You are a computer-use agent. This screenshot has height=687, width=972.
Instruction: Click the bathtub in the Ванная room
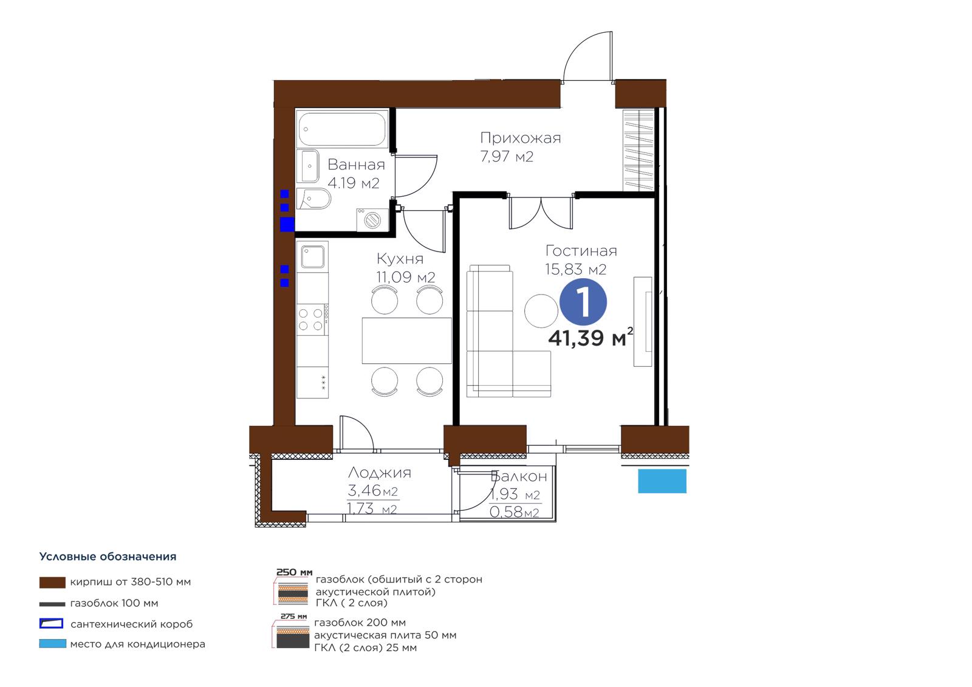coord(342,129)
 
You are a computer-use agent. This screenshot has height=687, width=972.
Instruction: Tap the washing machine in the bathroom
coord(372,220)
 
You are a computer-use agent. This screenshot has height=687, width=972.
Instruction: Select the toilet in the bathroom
coord(313,199)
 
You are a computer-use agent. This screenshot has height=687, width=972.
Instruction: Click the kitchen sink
coord(312,256)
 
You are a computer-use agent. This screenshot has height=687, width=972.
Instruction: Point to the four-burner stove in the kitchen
coord(312,320)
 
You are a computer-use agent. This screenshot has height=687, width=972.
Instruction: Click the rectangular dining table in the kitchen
coord(406,341)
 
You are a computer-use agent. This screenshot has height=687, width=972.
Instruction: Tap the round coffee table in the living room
coord(541,311)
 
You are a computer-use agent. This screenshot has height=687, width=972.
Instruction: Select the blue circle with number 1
coord(583,302)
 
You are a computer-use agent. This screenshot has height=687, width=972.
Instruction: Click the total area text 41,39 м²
coord(590,338)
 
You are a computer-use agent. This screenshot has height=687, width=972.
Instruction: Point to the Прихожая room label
coord(520,138)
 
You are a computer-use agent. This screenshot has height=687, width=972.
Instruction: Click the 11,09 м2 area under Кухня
coord(405,277)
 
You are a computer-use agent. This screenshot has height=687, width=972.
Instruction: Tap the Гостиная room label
coord(581,250)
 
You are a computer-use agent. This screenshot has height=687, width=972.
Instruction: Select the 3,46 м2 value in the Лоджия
coord(373,490)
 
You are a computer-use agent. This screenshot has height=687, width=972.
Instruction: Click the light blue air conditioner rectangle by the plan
coord(662,481)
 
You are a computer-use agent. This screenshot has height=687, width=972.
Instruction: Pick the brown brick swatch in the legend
coord(52,583)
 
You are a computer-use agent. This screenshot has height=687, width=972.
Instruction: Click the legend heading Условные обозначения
coord(108,557)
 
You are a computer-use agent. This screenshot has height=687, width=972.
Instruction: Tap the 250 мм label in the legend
coord(294,572)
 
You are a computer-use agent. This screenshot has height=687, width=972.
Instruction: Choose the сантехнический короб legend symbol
coord(51,624)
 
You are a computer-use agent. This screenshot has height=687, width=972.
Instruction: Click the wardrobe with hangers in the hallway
coord(638,150)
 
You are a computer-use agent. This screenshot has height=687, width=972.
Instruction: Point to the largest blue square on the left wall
coord(287,225)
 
